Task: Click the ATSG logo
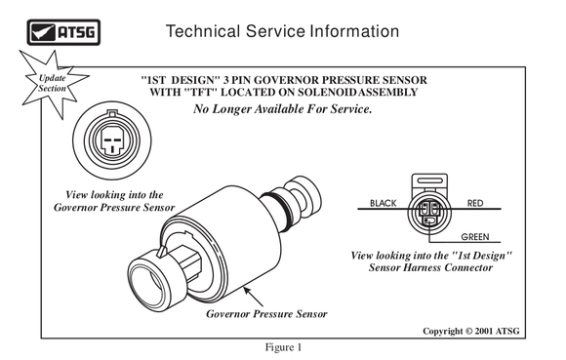point(63,32)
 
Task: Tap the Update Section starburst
point(53,84)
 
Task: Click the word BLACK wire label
point(383,203)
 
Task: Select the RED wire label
point(475,203)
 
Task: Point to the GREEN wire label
point(475,237)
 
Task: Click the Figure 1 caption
point(283,347)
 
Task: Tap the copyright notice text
point(471,331)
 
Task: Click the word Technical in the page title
point(203,31)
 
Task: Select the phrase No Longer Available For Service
point(283,108)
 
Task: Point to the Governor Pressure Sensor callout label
point(266,314)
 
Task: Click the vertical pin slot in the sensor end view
point(112,148)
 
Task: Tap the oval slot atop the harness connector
point(429,180)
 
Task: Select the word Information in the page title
point(354,31)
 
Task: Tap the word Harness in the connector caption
point(423,267)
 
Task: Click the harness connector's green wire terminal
point(428,220)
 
